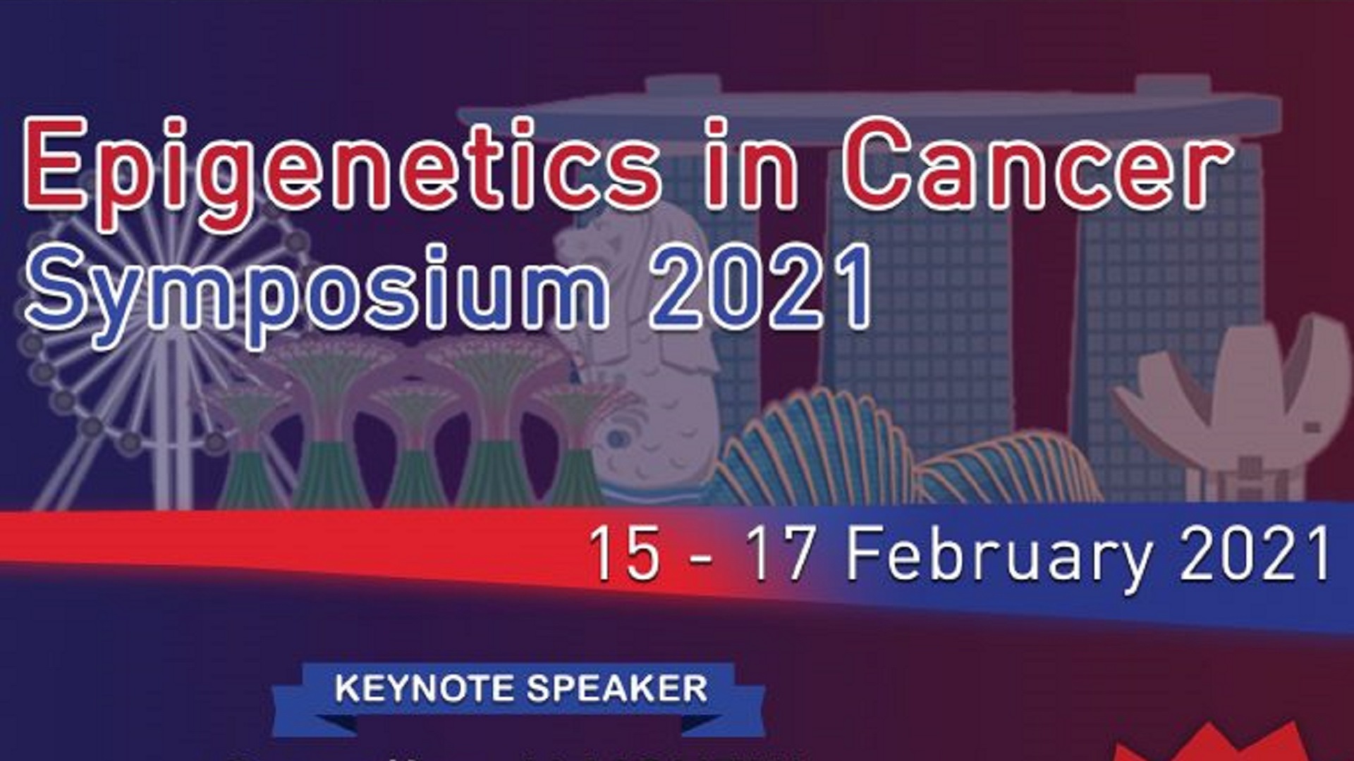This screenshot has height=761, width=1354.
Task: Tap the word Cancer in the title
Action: [1037, 165]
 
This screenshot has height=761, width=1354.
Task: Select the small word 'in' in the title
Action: [752, 165]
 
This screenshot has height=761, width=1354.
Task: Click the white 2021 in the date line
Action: [1255, 554]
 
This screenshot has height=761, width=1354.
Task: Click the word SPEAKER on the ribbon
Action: [618, 688]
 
